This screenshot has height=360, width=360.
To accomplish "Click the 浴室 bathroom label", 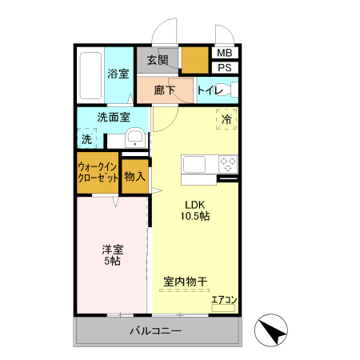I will [118, 74].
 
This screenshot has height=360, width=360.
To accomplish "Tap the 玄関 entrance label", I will [158, 60].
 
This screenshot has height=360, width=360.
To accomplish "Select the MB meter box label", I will [225, 53].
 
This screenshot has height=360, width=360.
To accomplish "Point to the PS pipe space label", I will [225, 67].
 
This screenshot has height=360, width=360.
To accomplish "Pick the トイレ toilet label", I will [210, 90].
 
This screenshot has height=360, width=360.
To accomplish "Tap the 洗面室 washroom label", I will [114, 117].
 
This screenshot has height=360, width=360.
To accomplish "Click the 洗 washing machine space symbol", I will [86, 139].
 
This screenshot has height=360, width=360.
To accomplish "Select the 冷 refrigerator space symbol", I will [226, 119].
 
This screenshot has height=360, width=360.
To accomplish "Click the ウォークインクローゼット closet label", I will [98, 174].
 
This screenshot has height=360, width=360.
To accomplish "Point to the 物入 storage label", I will [134, 175].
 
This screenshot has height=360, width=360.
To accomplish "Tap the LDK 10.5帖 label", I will [194, 210].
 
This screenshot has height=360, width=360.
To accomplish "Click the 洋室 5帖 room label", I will [111, 254].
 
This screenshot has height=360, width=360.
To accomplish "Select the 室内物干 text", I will [185, 282].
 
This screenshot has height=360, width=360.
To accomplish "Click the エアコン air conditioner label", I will [224, 301].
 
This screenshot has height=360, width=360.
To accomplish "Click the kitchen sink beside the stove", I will [195, 164].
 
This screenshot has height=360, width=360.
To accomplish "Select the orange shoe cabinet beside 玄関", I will [194, 60].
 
